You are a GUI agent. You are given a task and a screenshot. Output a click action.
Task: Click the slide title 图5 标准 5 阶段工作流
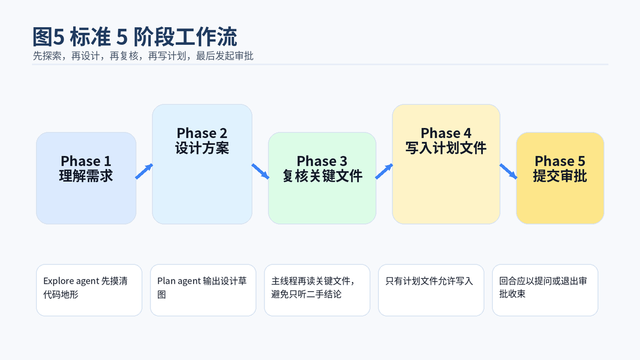134,37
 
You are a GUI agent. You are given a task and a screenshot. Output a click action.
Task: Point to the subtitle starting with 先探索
143,56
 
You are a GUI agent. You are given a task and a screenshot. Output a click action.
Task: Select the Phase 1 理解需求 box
86,178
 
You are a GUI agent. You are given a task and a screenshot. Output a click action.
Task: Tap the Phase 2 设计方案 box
202,164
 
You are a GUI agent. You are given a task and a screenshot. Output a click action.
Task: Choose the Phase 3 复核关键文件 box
322,178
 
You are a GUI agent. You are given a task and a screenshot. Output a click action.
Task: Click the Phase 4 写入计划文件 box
446,164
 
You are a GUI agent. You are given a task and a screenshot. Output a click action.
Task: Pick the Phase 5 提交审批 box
560,178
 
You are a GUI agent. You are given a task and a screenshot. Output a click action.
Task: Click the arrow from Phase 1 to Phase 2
144,171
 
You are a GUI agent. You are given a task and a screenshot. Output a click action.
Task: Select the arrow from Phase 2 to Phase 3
260,171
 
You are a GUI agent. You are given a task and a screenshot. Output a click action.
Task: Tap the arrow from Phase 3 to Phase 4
384,171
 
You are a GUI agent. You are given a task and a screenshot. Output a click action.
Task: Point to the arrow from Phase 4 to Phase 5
508,171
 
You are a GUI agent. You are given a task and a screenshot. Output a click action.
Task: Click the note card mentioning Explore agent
89,290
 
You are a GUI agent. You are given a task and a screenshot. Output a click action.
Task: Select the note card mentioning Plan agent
203,290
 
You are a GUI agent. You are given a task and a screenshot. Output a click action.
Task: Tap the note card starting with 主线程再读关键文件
317,290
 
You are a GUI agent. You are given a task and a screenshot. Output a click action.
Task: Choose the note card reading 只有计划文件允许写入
431,290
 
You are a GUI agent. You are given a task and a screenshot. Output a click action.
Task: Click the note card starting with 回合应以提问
545,290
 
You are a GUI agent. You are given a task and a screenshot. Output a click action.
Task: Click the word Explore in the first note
58,281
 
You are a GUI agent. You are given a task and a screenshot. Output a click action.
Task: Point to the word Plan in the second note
166,281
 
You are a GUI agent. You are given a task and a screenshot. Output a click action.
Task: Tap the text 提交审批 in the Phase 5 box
560,175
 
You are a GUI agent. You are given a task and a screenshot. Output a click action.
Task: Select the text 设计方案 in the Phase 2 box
202,148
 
